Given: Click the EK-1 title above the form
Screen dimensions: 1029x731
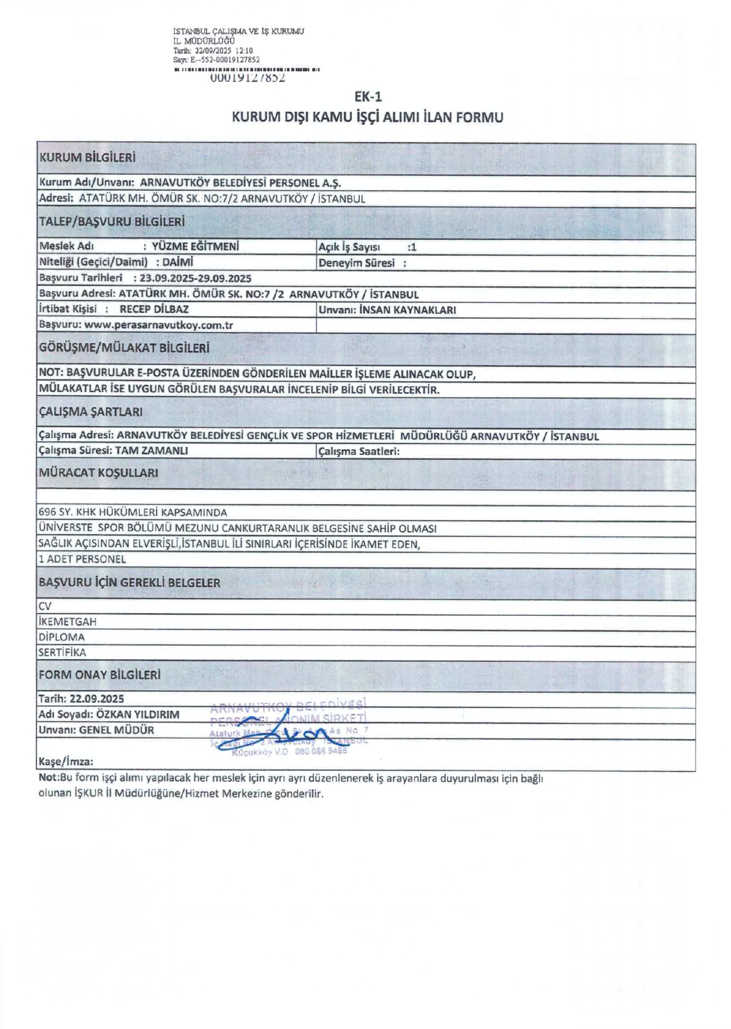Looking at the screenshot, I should tap(368, 97).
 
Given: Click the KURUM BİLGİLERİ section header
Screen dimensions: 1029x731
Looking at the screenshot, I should tap(87, 158).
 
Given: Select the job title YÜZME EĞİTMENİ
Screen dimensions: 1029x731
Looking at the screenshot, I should tap(195, 247).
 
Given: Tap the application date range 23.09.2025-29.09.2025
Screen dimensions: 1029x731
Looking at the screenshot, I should tap(196, 278).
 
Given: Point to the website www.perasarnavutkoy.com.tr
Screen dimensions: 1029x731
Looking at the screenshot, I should tap(159, 325).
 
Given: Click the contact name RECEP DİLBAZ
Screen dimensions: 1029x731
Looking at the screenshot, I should tap(154, 309).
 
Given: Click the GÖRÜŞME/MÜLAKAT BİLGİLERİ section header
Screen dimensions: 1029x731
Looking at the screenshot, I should tap(124, 348).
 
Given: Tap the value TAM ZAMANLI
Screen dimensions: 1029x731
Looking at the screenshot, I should tap(152, 451).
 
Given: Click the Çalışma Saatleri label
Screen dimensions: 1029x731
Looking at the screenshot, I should tap(359, 451).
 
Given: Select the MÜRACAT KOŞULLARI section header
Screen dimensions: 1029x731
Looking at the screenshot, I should tap(99, 473).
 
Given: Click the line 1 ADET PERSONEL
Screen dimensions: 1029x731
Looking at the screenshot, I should tap(82, 559).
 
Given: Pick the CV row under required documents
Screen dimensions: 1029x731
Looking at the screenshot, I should tap(45, 606).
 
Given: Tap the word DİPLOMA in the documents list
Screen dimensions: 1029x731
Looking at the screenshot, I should tap(62, 637).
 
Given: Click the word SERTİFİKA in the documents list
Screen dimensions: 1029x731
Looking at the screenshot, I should tap(62, 653).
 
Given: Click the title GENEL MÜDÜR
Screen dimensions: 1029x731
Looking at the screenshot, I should tap(116, 730).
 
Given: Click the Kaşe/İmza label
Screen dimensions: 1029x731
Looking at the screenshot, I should tap(66, 762).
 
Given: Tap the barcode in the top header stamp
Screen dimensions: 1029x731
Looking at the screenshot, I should tap(247, 70).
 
